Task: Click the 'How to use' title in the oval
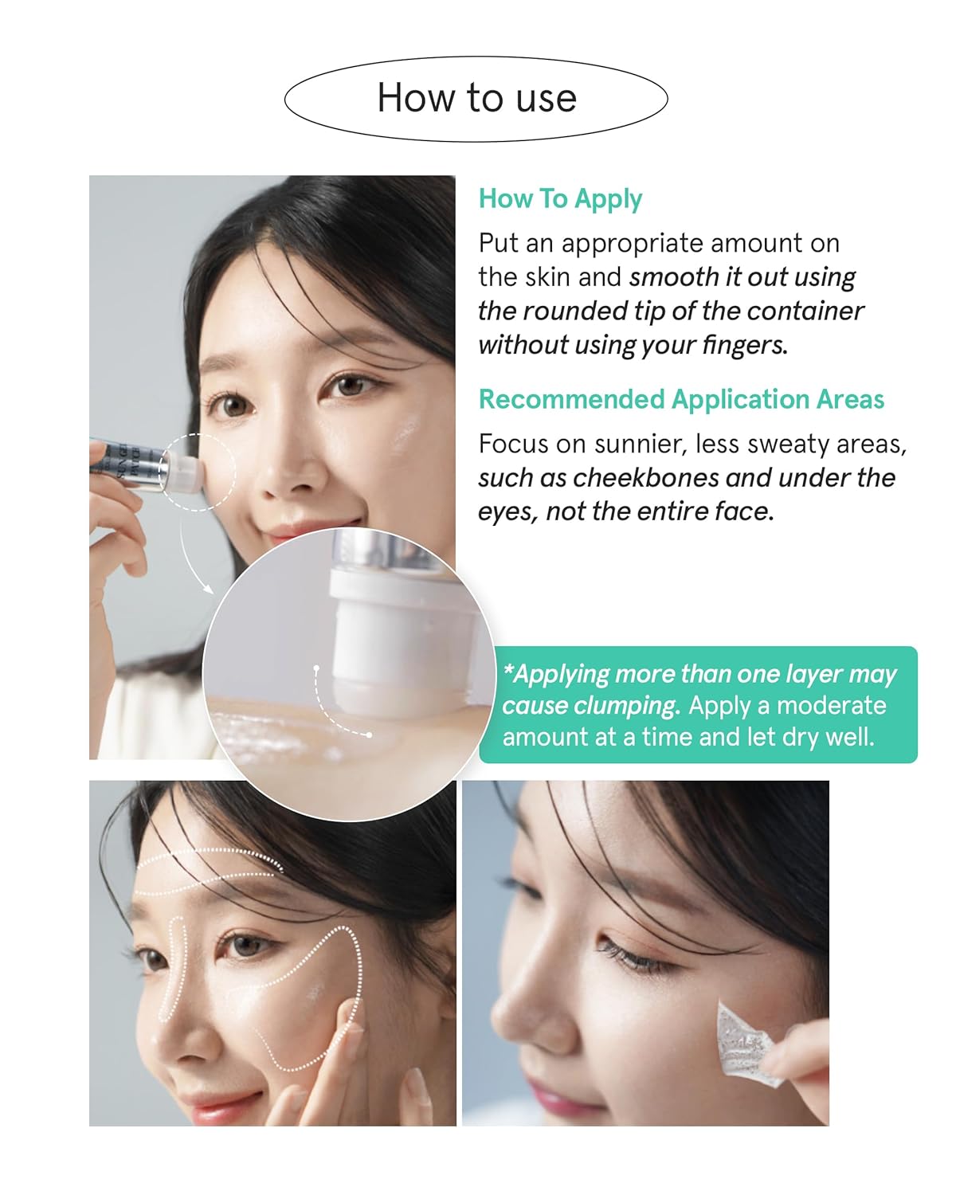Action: [x=476, y=98]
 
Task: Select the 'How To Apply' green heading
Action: [x=560, y=199]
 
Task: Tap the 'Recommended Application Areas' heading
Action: [x=681, y=399]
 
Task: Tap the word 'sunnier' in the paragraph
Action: [x=641, y=445]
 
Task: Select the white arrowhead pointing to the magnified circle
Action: [x=208, y=589]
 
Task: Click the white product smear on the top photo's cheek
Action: [x=406, y=432]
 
